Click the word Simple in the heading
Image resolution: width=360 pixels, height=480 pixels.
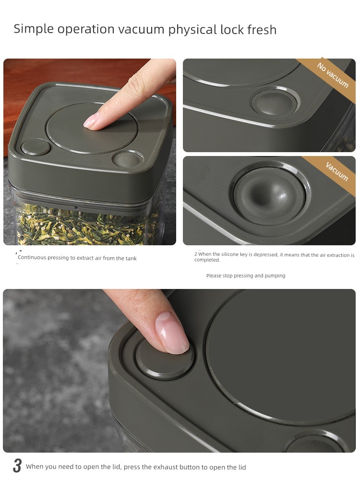(x=34, y=29)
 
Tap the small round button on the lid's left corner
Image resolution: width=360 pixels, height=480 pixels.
(x=36, y=147)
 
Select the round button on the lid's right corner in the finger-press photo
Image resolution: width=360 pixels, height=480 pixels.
(x=128, y=159)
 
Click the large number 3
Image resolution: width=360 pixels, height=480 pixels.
(x=17, y=466)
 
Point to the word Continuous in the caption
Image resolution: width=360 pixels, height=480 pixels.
(x=32, y=257)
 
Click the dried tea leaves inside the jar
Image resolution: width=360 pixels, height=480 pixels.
(x=86, y=226)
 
